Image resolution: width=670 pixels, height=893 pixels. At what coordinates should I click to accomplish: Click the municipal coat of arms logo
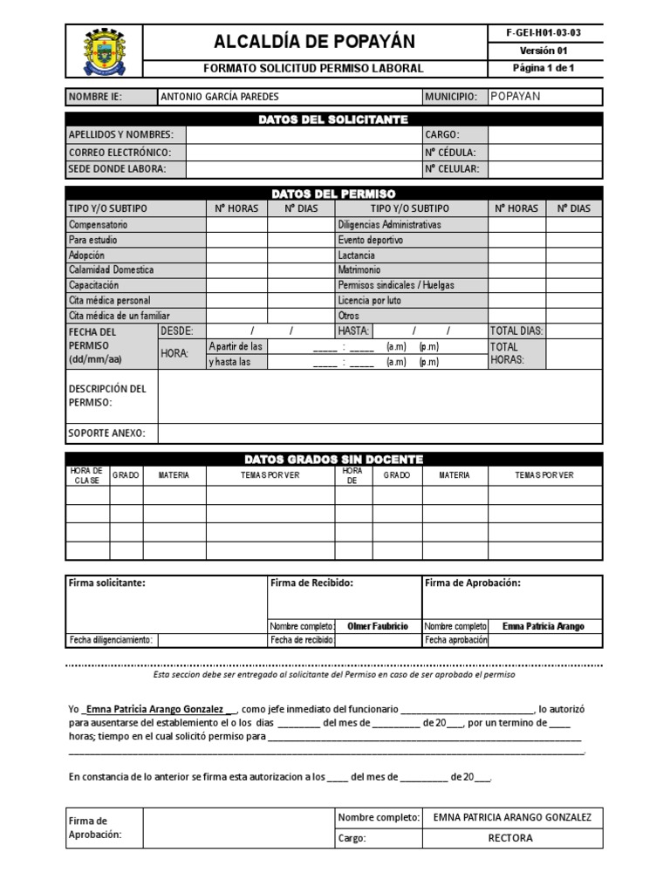[x=104, y=51]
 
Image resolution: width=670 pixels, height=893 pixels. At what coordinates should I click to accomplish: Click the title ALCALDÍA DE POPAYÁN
[x=314, y=41]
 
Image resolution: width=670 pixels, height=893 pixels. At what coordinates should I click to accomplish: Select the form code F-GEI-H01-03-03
[x=543, y=32]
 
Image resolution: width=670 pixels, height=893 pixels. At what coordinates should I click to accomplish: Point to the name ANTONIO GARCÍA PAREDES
[x=220, y=97]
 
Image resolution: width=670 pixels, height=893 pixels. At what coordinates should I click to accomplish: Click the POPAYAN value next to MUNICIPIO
[x=516, y=97]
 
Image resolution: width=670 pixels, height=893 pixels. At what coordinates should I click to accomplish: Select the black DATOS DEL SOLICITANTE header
[x=333, y=119]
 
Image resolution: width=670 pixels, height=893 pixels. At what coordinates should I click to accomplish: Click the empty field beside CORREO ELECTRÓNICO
[x=303, y=152]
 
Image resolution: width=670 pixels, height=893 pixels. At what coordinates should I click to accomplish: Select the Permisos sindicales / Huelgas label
[x=396, y=285]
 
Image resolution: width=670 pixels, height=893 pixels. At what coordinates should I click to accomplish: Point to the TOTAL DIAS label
[x=516, y=331]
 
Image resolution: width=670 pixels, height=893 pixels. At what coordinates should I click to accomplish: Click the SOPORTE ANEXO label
[x=107, y=433]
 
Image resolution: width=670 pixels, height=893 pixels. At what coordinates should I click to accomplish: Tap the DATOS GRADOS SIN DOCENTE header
[x=333, y=459]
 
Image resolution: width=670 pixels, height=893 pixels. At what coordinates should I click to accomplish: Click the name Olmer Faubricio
[x=378, y=626]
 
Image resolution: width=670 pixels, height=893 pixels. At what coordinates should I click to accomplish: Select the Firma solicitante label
[x=107, y=583]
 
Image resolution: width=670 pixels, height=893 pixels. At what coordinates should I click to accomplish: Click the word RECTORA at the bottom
[x=510, y=838]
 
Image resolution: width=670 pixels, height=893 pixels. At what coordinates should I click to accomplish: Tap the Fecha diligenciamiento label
[x=112, y=640]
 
